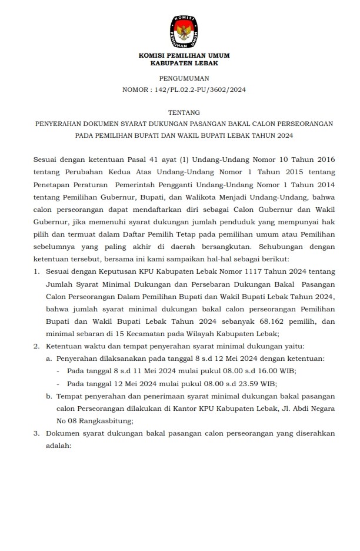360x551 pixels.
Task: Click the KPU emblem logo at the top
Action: (184, 31)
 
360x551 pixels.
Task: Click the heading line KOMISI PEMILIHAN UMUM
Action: (184, 55)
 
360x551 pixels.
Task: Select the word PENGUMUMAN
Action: (184, 78)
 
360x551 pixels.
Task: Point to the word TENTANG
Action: (184, 112)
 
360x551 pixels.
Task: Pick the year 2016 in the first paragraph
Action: (322, 159)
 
